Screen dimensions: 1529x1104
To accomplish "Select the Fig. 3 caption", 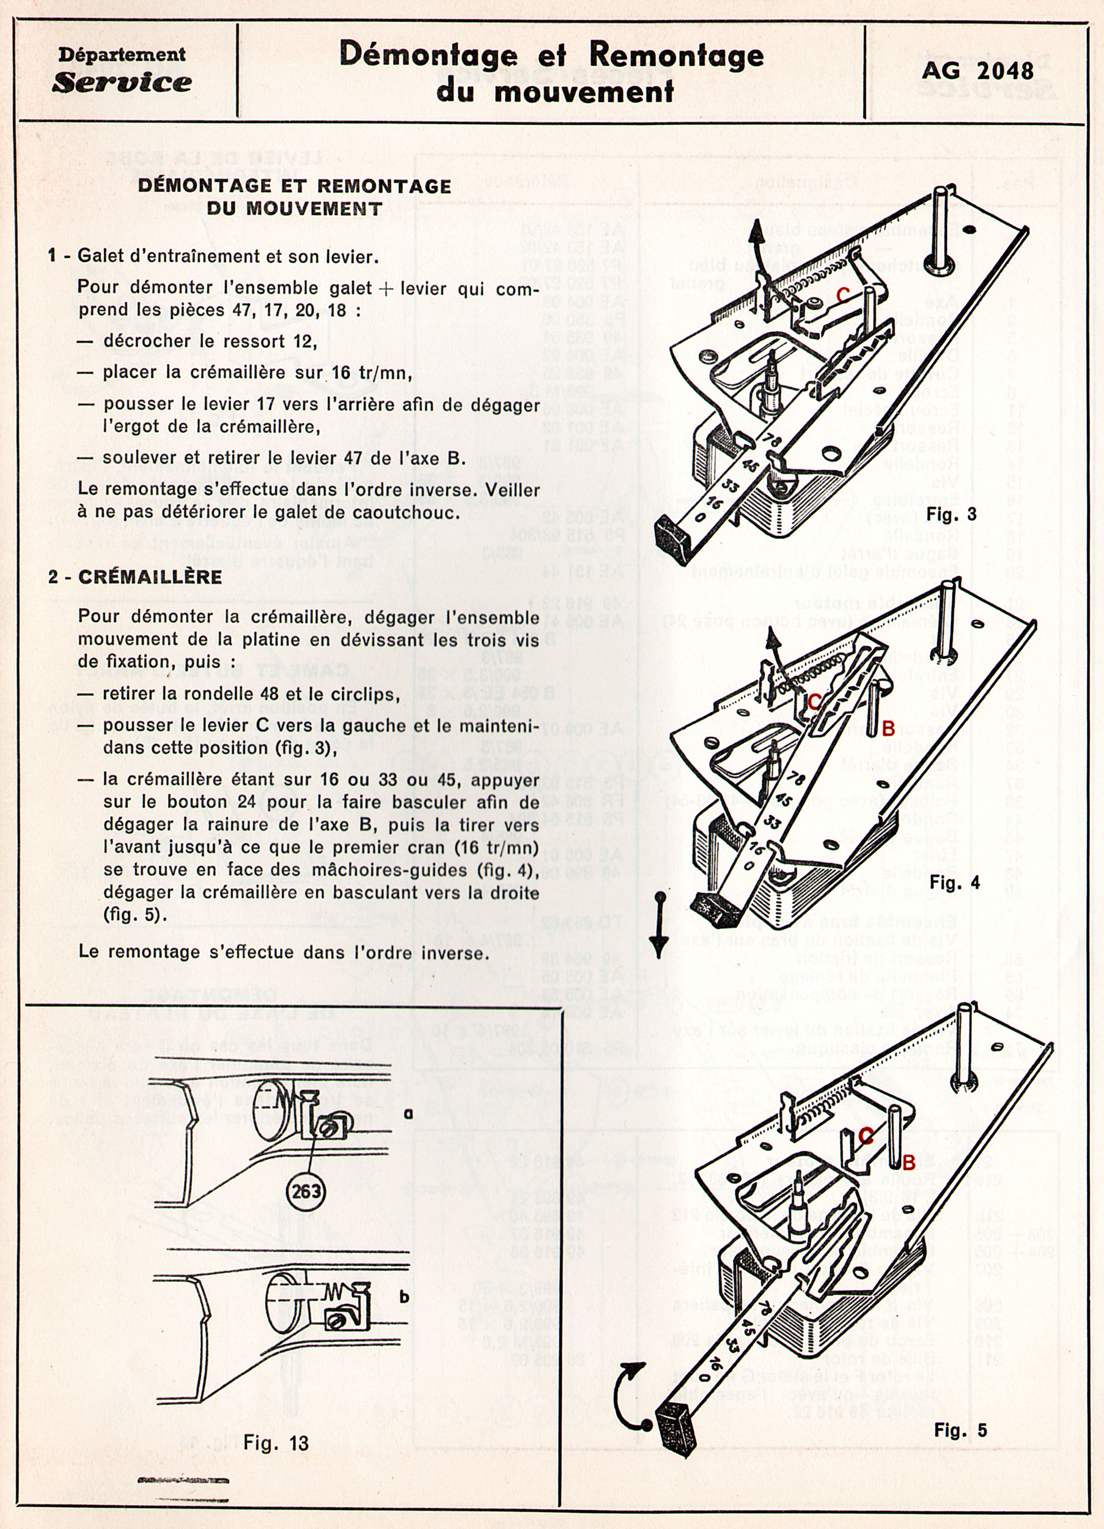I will (x=952, y=514).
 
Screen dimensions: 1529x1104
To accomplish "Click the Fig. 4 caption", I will (x=954, y=883).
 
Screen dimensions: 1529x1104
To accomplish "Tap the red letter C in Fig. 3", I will (x=842, y=295).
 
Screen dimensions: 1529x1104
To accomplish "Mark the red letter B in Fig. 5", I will (x=908, y=1162).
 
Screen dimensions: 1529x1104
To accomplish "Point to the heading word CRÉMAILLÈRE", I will (x=150, y=577).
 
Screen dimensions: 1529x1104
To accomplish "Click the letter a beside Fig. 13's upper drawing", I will (x=408, y=1114).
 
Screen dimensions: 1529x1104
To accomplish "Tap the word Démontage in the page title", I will (x=429, y=55).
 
